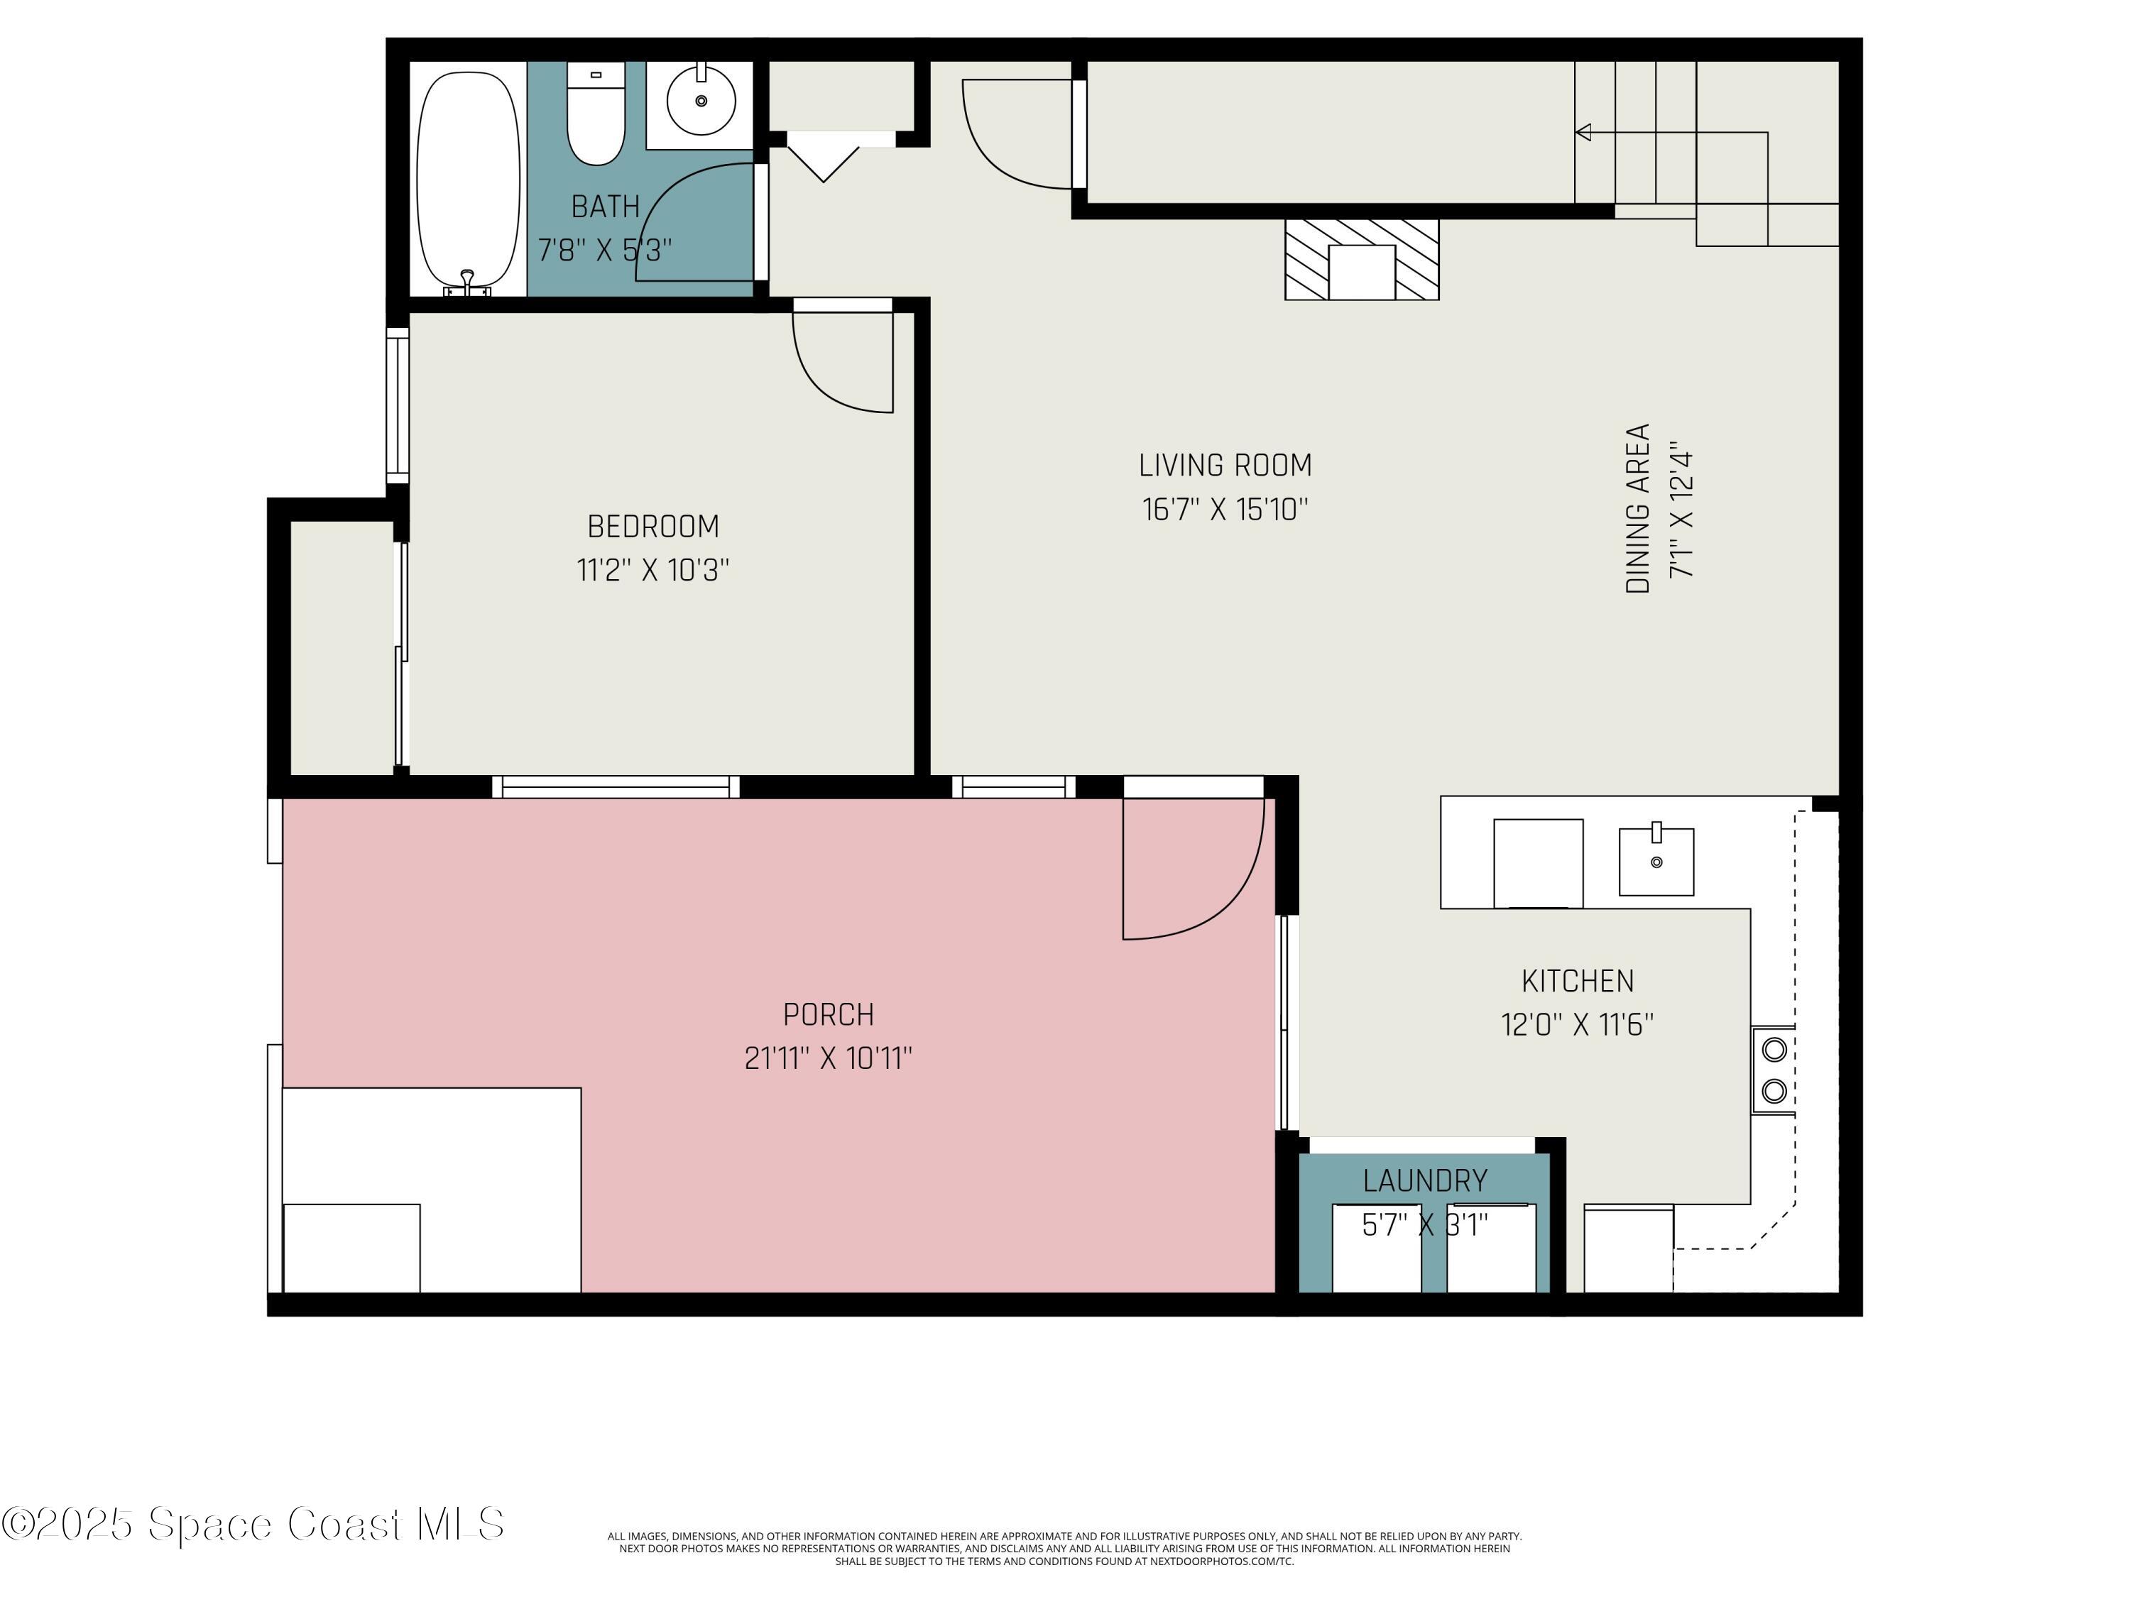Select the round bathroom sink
(x=701, y=100)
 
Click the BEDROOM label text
(x=653, y=527)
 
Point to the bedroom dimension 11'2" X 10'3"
(x=653, y=570)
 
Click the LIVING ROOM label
(x=1225, y=466)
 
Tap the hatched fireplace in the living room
(x=1362, y=259)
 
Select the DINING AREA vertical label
(x=1638, y=508)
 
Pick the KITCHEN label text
(x=1578, y=981)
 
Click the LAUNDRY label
(x=1424, y=1180)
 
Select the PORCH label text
(x=828, y=1014)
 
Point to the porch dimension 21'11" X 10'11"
(x=828, y=1059)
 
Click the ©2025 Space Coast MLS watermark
(x=252, y=1524)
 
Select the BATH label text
(x=605, y=206)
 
